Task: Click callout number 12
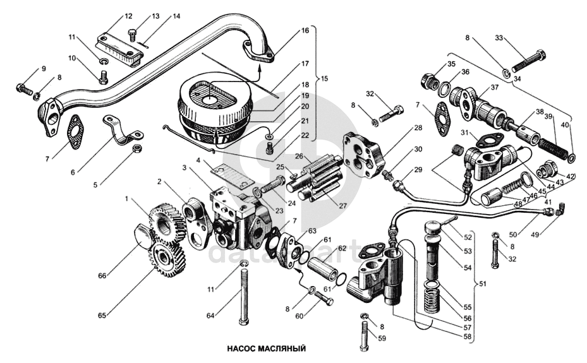point(111,15)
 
